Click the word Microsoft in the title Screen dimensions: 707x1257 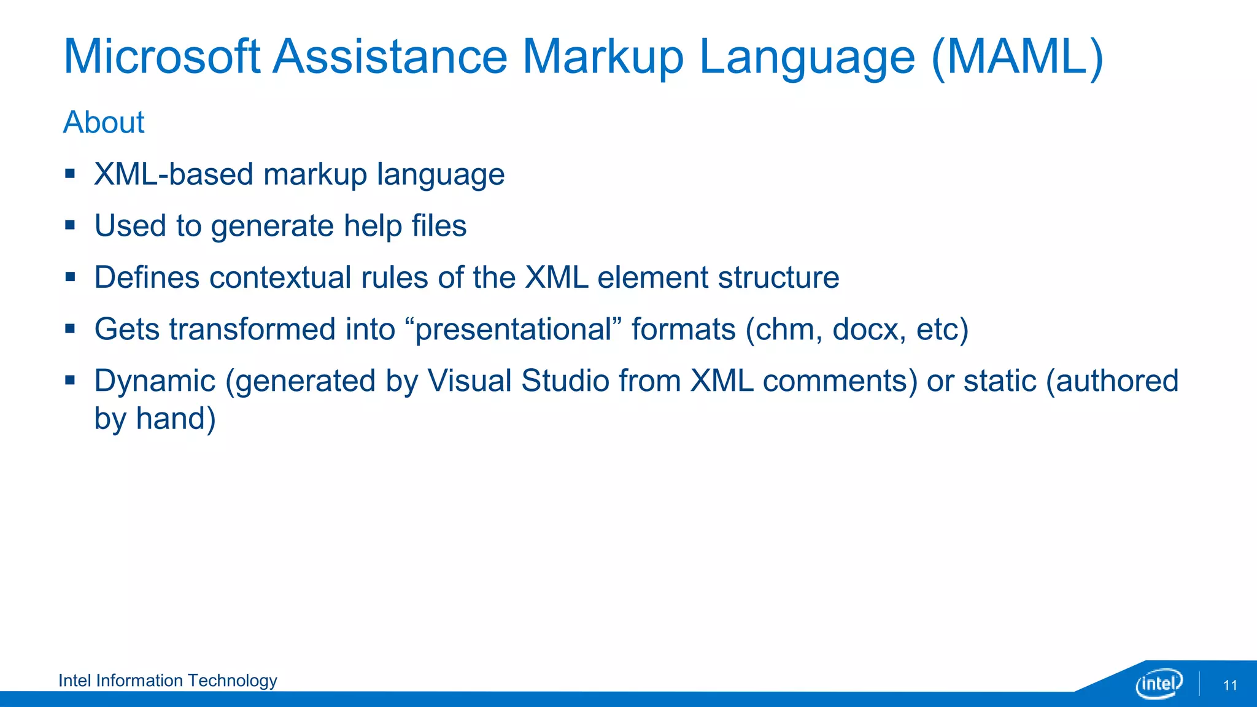[162, 57]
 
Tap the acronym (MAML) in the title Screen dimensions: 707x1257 [1017, 57]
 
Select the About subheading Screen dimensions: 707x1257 [104, 122]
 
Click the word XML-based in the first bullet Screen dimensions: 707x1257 [173, 174]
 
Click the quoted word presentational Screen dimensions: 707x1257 [513, 330]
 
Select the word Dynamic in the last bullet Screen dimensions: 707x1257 [155, 381]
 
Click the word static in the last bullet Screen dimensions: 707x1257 [1000, 381]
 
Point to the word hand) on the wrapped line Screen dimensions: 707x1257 [176, 419]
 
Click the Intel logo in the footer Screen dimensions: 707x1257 [1159, 683]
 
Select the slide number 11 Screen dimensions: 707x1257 [1230, 686]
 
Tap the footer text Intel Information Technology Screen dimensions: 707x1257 [168, 681]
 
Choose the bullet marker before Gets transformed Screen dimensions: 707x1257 [70, 329]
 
